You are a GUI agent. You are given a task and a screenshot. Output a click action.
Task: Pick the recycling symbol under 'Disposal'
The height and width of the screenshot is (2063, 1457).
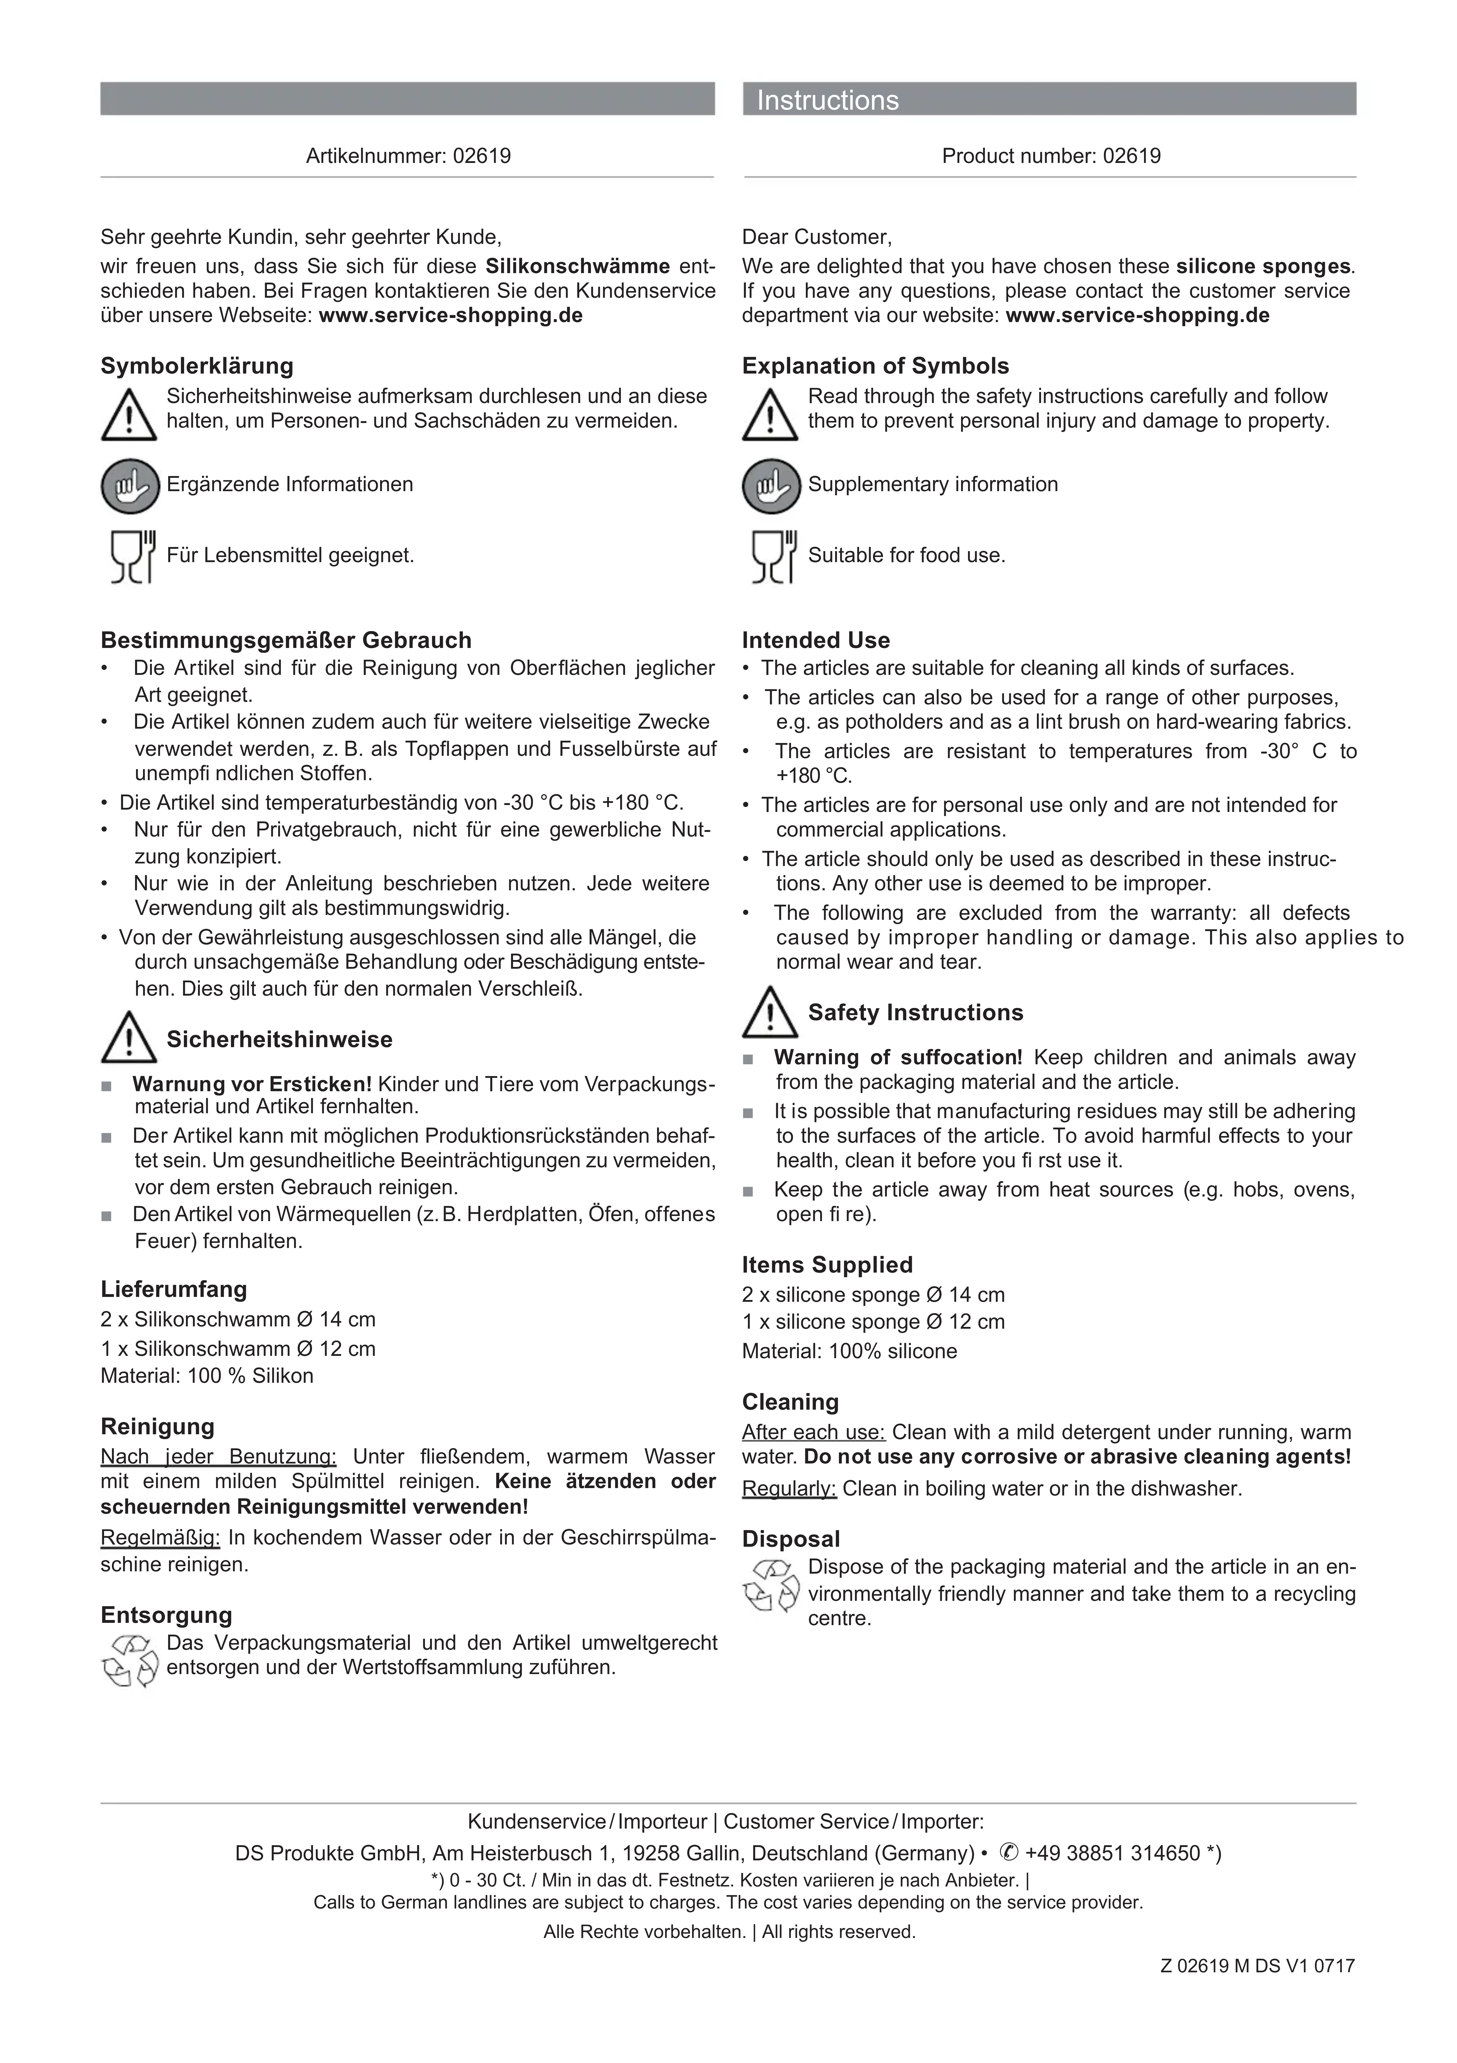click(771, 1585)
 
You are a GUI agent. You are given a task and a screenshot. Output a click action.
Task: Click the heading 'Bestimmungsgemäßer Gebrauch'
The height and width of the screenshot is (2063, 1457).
click(286, 641)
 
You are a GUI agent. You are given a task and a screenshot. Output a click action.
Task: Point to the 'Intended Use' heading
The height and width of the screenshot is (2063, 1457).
click(816, 641)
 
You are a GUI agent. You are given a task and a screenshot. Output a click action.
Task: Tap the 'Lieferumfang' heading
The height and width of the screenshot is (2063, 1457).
click(173, 1289)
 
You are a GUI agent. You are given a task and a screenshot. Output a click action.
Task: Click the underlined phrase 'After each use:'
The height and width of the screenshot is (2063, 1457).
click(813, 1432)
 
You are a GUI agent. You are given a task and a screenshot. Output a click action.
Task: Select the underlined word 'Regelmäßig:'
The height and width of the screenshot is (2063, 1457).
click(160, 1537)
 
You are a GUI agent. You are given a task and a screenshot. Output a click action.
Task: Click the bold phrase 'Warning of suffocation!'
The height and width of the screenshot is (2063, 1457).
click(897, 1058)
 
